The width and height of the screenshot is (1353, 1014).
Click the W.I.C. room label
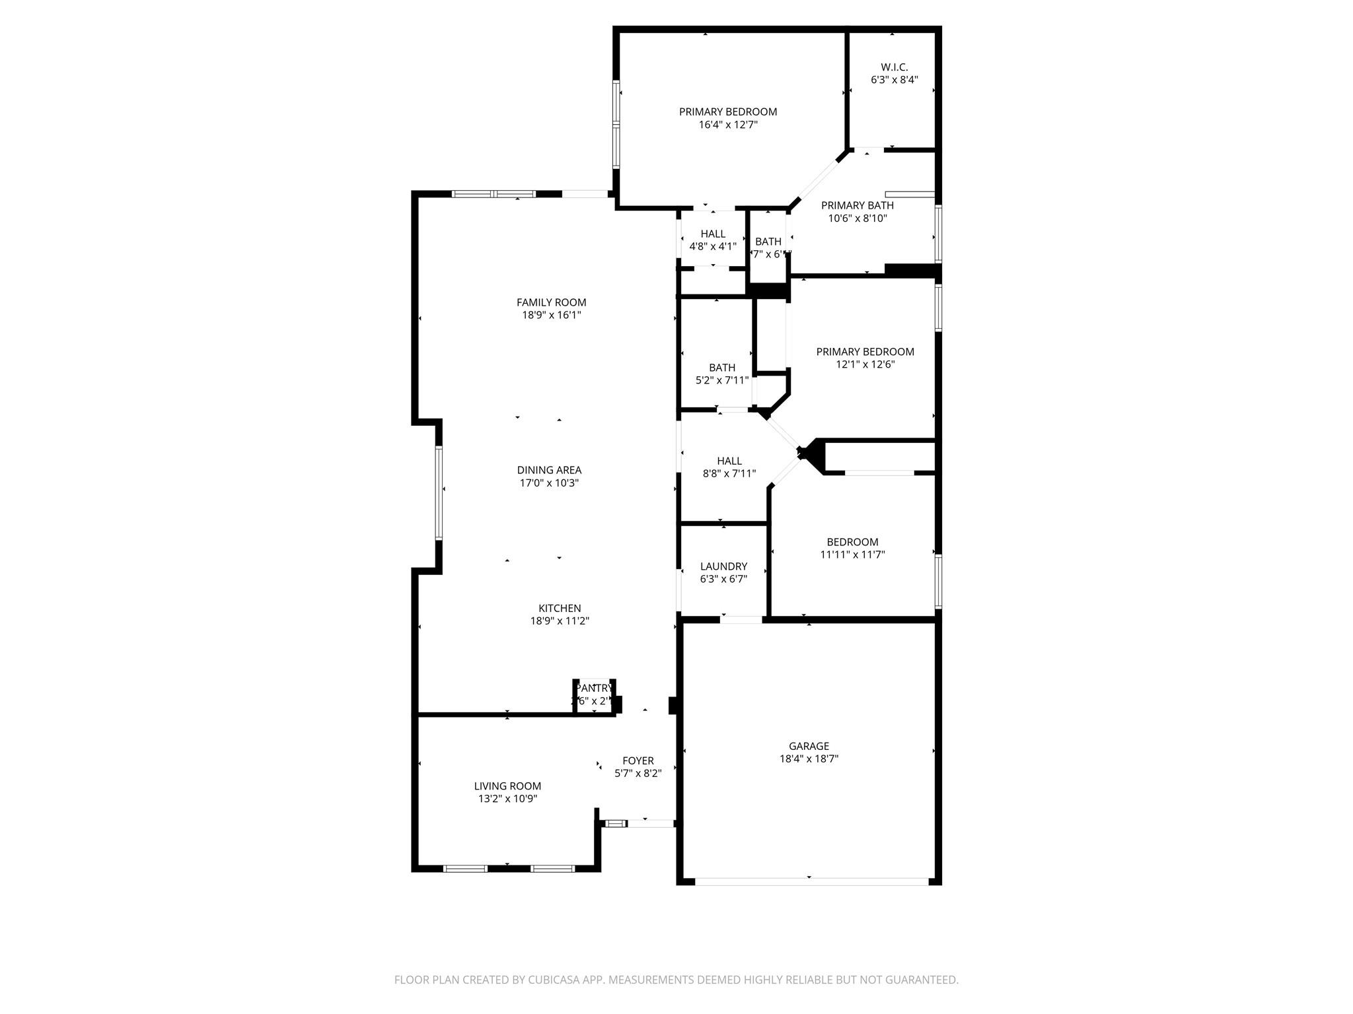point(894,67)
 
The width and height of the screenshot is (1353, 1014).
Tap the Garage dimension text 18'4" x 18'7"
point(809,759)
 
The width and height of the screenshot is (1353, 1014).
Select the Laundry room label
point(723,566)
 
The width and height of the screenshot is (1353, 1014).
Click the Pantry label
point(594,688)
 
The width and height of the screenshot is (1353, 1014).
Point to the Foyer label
point(638,760)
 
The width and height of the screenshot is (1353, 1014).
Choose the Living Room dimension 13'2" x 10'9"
point(507,799)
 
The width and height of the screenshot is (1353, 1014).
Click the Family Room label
point(551,302)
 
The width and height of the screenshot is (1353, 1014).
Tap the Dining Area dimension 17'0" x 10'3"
point(549,483)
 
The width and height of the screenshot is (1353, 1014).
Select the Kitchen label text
point(560,608)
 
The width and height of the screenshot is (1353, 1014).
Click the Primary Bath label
point(857,205)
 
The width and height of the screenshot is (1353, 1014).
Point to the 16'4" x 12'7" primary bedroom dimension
point(727,125)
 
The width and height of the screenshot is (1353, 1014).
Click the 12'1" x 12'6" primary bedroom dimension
point(865,364)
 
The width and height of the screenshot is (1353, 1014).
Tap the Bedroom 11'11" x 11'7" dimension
point(852,555)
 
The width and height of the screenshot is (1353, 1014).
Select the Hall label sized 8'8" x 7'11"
point(729,461)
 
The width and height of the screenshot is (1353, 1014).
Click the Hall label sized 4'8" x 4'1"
point(713,234)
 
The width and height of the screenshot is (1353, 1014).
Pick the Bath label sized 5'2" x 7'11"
point(722,368)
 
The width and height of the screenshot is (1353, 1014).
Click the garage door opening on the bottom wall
point(811,881)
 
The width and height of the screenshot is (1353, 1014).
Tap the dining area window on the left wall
point(439,493)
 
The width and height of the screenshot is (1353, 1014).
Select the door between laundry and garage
point(741,619)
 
